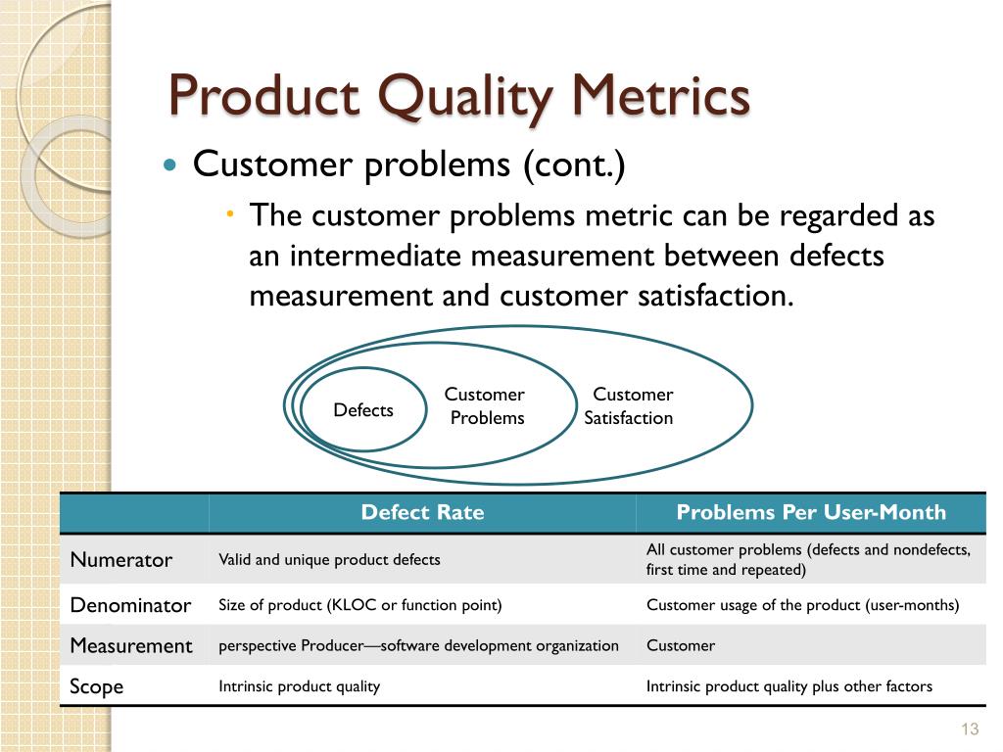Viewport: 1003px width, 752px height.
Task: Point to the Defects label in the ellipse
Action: pos(363,410)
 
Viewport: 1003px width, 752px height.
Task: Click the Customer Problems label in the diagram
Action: pos(485,406)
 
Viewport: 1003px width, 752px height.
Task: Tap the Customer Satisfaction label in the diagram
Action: pos(630,406)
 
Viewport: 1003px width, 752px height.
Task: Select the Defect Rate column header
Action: pos(422,512)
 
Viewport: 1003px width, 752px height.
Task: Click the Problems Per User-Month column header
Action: pos(811,512)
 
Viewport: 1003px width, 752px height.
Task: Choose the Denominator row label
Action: pos(130,605)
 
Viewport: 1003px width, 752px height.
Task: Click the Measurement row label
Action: pos(131,645)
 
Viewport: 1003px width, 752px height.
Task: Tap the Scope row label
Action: pos(97,686)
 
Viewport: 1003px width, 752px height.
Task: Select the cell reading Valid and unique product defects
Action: pos(329,560)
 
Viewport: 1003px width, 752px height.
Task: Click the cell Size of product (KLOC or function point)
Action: pos(359,605)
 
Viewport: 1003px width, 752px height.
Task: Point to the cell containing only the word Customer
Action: pos(680,645)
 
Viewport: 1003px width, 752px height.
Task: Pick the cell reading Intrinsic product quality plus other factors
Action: pos(788,686)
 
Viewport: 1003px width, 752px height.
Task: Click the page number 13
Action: pos(971,728)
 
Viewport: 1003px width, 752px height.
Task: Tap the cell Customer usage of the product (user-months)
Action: pos(802,605)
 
